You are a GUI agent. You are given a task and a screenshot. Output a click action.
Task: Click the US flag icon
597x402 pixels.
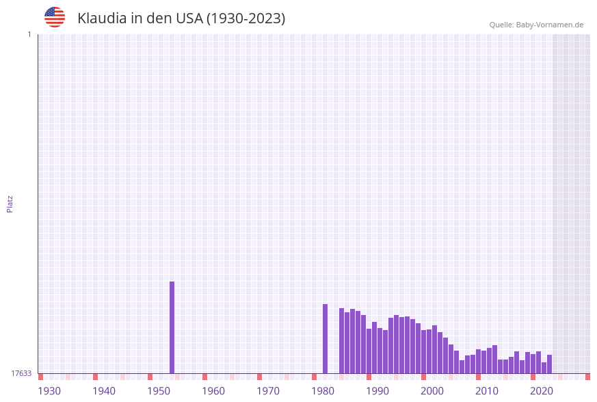55,17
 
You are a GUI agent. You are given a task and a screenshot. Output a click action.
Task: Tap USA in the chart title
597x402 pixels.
184,18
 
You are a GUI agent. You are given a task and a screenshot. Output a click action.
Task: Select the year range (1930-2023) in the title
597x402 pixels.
246,18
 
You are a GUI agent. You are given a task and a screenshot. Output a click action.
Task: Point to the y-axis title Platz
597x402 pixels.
10,203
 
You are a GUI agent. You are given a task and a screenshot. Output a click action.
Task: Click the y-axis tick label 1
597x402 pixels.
29,34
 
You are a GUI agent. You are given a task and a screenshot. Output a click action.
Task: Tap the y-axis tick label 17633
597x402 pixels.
21,373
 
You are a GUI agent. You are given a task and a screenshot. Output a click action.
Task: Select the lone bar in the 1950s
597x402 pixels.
172,327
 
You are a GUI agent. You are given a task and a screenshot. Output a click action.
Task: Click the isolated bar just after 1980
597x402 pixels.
325,338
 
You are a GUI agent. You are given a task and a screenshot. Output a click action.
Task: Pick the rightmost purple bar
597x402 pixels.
549,364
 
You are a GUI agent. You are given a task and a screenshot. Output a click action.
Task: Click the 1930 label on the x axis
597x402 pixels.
49,391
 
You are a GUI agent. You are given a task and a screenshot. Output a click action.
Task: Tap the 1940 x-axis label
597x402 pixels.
104,391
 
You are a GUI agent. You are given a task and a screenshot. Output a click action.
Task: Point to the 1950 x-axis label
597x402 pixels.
159,391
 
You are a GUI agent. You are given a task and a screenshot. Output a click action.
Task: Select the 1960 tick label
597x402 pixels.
213,391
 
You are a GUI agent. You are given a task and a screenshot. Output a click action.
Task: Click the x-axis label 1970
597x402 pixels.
268,391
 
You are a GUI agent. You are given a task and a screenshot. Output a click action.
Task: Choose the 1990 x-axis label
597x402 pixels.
377,391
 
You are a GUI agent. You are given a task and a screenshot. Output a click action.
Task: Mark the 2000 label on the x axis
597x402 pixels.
432,391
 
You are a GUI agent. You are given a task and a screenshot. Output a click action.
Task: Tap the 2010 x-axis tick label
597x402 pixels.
487,391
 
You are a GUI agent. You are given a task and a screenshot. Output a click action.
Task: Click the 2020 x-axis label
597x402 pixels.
542,391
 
